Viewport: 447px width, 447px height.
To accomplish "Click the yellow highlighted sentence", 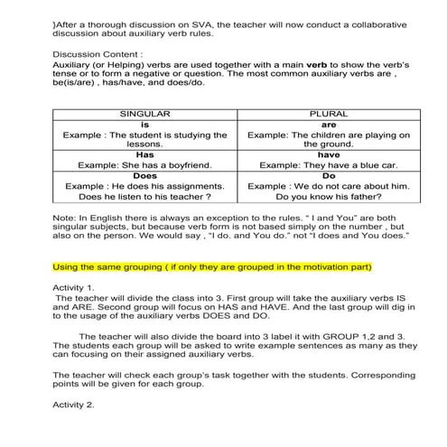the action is coord(212,267).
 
